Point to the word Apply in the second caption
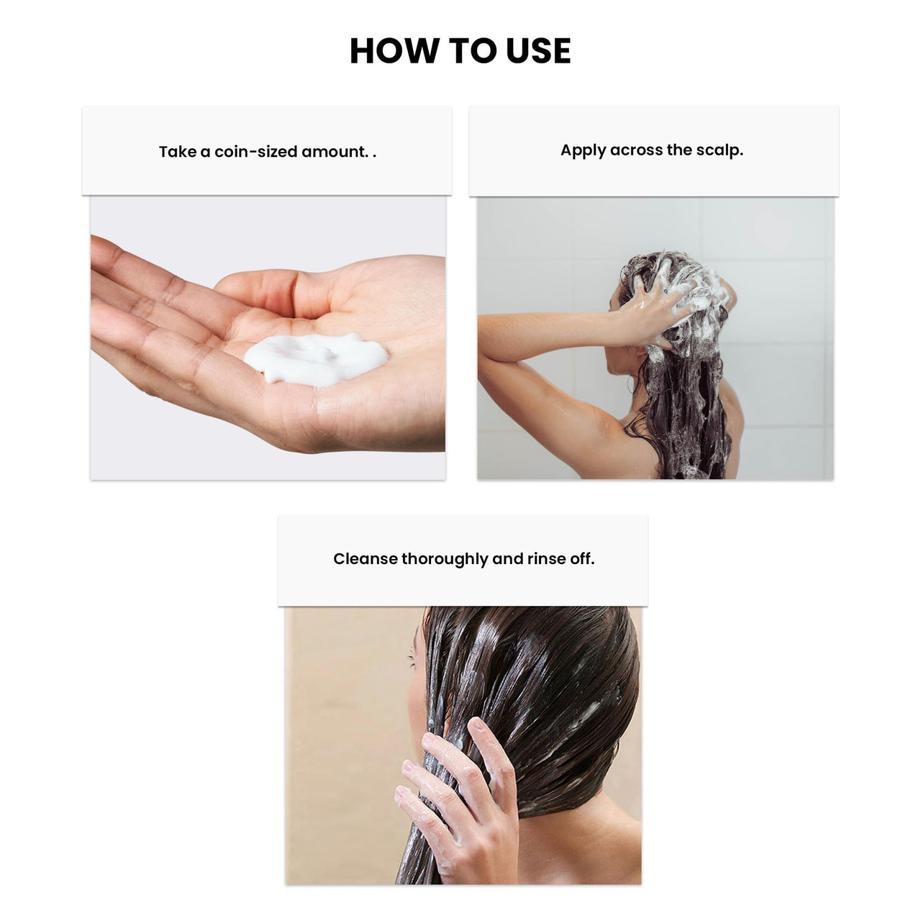(x=583, y=150)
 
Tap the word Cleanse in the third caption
(x=365, y=559)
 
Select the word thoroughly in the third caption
(x=445, y=560)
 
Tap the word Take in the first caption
(x=177, y=152)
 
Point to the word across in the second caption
(x=636, y=150)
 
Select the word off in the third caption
(x=581, y=559)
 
